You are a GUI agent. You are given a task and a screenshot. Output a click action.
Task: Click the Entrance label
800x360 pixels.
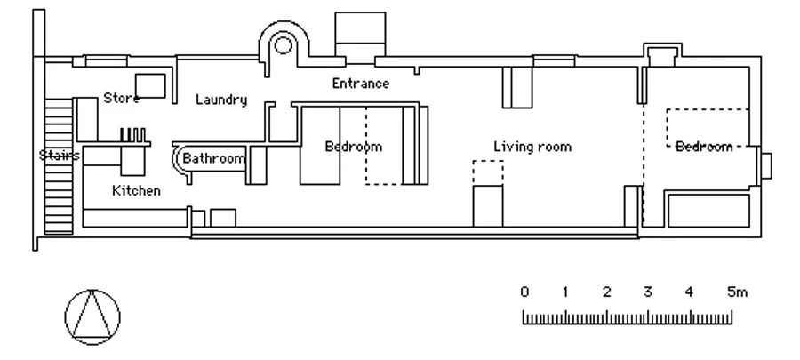tap(360, 84)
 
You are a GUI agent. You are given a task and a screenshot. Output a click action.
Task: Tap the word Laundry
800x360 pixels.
tap(221, 100)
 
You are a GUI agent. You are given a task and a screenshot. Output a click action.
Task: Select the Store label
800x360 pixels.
tap(121, 98)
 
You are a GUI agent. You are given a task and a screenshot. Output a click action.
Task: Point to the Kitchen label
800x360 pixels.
tap(136, 191)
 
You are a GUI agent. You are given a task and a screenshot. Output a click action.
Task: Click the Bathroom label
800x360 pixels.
tap(213, 158)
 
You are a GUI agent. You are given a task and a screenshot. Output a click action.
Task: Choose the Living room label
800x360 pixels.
tap(532, 147)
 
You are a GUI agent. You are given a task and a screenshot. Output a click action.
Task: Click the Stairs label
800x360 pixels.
tap(60, 155)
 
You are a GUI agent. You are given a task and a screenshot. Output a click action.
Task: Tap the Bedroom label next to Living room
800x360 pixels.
tap(354, 147)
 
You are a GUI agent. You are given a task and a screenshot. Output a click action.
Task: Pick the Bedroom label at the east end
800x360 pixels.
tap(704, 147)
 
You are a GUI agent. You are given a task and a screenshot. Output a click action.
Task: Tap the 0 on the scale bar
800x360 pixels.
tap(524, 292)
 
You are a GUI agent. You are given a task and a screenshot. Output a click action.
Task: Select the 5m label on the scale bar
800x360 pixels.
tap(737, 292)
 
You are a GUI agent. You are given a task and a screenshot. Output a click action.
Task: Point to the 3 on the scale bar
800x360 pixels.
tap(647, 292)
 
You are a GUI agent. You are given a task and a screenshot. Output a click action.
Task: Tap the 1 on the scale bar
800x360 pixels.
tap(565, 292)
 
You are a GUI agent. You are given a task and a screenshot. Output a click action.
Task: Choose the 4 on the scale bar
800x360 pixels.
tap(689, 292)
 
